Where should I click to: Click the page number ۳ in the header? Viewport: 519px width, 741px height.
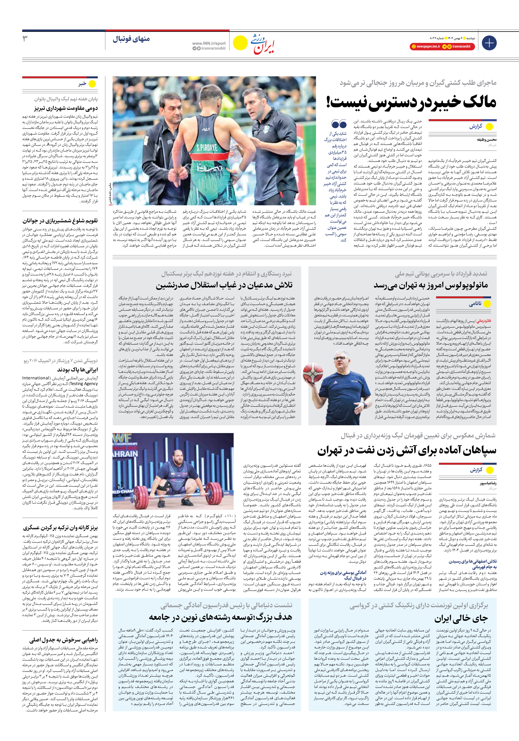click(x=25, y=39)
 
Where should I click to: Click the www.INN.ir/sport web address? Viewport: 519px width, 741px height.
click(x=209, y=43)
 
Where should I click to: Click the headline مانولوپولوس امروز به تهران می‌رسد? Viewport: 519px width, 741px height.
click(x=431, y=285)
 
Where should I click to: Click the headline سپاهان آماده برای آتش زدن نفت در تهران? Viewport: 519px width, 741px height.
click(x=407, y=450)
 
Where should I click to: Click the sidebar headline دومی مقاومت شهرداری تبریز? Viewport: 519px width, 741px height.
click(x=66, y=108)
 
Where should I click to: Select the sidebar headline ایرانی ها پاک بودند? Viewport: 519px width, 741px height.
click(x=77, y=370)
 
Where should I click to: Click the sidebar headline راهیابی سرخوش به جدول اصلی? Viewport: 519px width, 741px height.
click(x=63, y=640)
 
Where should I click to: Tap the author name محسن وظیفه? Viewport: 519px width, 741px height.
click(x=486, y=140)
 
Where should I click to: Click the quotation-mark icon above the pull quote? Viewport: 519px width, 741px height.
click(x=339, y=124)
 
